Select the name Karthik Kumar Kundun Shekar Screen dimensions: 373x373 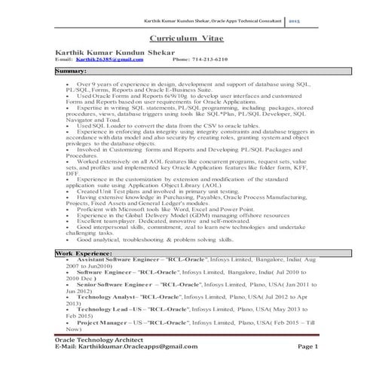tap(112, 51)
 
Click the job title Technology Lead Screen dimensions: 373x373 tap(104, 309)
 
